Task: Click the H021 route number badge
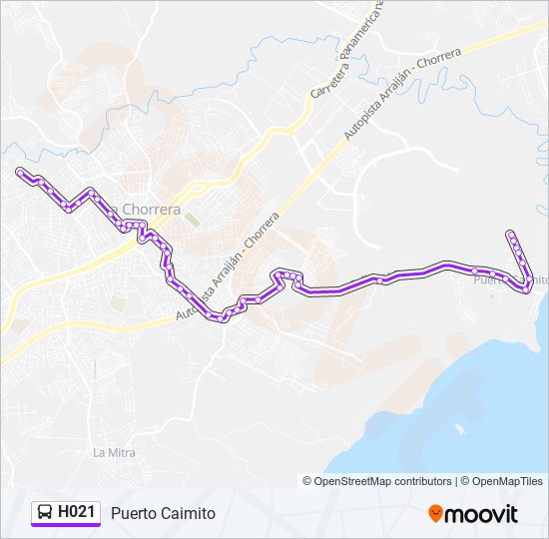pos(77,512)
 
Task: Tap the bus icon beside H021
pos(45,512)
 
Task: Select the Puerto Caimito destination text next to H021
pos(163,513)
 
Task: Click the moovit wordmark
pos(481,514)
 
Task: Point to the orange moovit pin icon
pos(435,513)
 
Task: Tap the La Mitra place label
pos(114,452)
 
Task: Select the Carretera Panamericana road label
pos(347,50)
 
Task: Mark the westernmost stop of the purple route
pos(19,173)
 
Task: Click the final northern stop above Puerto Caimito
pos(510,234)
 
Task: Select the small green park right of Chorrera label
pos(192,218)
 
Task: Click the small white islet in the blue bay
pos(460,430)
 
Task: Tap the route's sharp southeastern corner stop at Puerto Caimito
pos(527,288)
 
